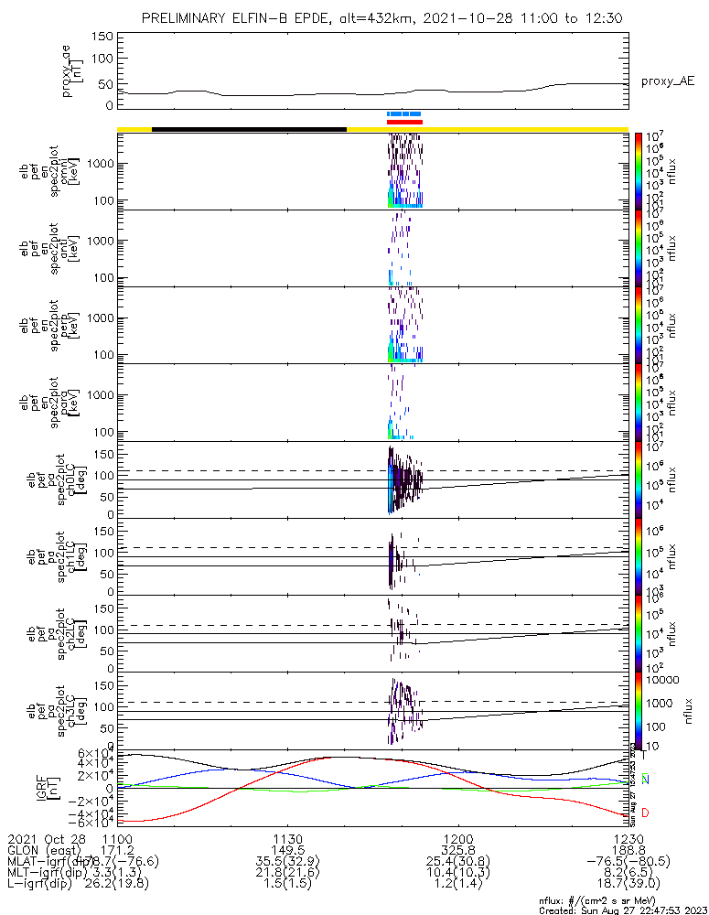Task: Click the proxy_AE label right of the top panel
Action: (x=667, y=81)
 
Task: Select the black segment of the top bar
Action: (x=249, y=129)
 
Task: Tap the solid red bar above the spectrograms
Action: (x=404, y=122)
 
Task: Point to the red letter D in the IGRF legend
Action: (x=645, y=813)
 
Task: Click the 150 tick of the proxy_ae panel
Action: (x=102, y=37)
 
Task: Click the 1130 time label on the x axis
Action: (x=287, y=838)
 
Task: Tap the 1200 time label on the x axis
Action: (x=457, y=838)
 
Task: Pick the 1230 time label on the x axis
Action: (x=628, y=838)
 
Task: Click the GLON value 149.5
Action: (x=287, y=850)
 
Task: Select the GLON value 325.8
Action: (x=457, y=850)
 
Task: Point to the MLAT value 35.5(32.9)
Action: (x=287, y=862)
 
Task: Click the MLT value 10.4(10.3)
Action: (x=457, y=874)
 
